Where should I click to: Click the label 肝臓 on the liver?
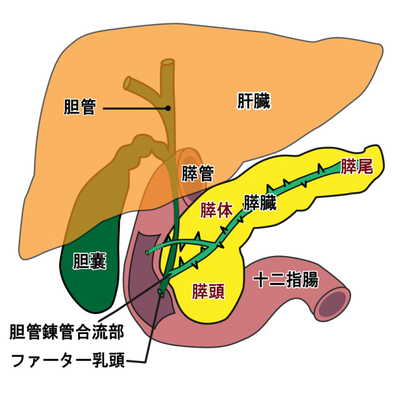pyautogui.click(x=254, y=101)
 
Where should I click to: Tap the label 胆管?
pyautogui.click(x=80, y=107)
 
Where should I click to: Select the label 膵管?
pyautogui.click(x=197, y=174)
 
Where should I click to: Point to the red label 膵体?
pyautogui.click(x=216, y=210)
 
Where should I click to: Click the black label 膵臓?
pyautogui.click(x=260, y=203)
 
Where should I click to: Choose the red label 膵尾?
pyautogui.click(x=356, y=166)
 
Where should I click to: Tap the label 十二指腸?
pyautogui.click(x=286, y=280)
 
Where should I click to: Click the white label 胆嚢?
pyautogui.click(x=90, y=261)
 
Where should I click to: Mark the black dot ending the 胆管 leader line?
pyautogui.click(x=168, y=108)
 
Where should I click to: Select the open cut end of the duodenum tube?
pyautogui.click(x=333, y=304)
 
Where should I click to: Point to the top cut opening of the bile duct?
pyautogui.click(x=168, y=63)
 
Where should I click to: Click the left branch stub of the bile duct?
pyautogui.click(x=129, y=81)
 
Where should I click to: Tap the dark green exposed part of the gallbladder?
pyautogui.click(x=87, y=278)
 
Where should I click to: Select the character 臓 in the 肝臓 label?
pyautogui.click(x=262, y=101)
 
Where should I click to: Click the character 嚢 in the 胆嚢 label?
pyautogui.click(x=98, y=261)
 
